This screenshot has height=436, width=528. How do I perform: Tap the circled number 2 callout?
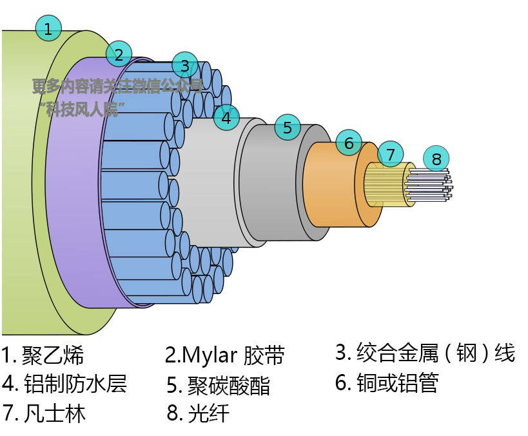119,54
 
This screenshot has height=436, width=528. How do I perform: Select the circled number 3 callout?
185,65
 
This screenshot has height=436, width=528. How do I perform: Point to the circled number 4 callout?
226,117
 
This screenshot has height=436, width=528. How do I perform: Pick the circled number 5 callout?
288,127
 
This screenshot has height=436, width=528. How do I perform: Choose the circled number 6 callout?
349,143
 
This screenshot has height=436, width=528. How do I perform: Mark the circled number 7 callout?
390,154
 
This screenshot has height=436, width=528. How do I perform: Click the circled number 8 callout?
436,158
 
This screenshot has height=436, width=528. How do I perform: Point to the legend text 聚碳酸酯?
228,385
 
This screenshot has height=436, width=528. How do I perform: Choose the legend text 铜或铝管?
397,383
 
